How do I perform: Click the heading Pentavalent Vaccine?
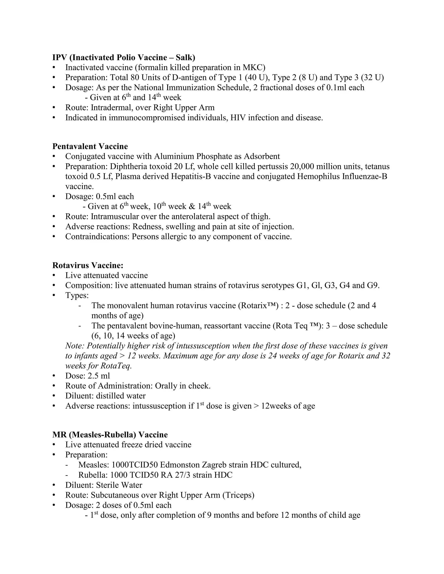(x=90, y=146)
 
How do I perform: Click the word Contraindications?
(x=97, y=237)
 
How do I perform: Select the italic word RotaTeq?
(x=116, y=366)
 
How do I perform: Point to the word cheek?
(x=202, y=386)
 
